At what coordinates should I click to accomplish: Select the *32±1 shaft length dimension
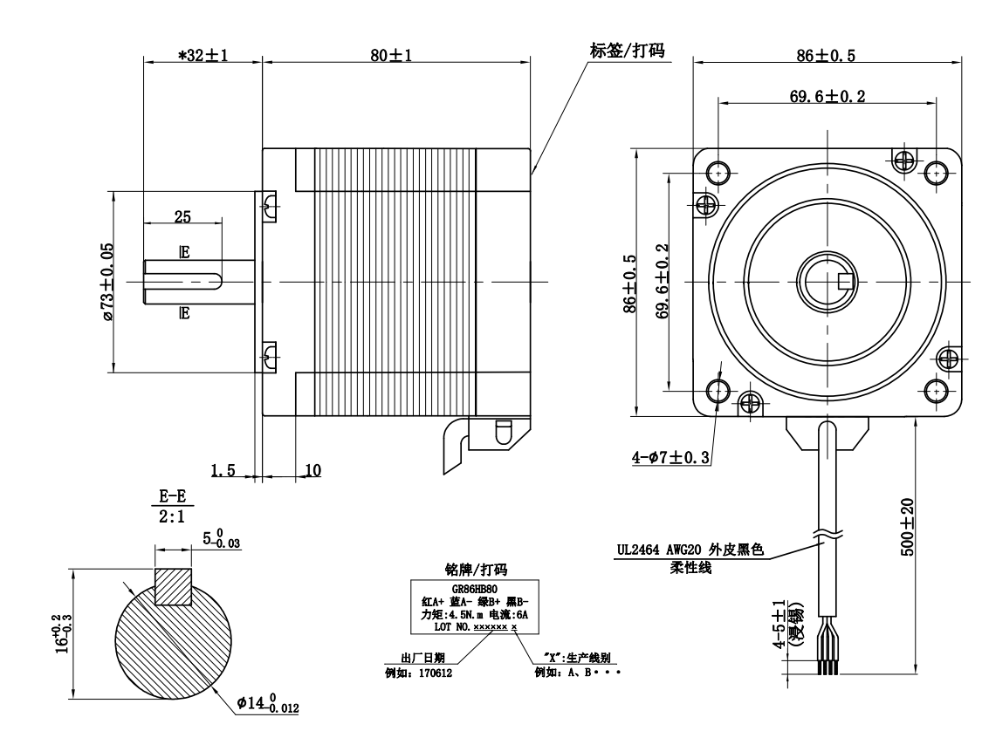point(203,55)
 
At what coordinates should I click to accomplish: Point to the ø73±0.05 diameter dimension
point(106,282)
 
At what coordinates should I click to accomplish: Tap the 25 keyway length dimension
point(182,215)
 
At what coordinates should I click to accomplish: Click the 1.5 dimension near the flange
point(223,470)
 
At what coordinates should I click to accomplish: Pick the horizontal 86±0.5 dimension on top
point(826,55)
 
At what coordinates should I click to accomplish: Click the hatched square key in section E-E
point(173,586)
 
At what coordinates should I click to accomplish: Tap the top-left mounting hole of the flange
point(718,172)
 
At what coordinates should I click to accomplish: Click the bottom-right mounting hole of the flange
point(936,389)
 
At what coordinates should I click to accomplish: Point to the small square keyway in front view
point(844,281)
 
